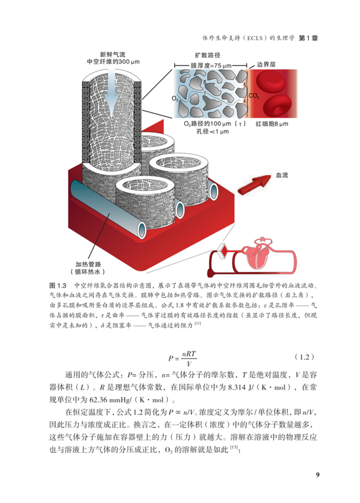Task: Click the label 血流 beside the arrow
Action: coord(283,175)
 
